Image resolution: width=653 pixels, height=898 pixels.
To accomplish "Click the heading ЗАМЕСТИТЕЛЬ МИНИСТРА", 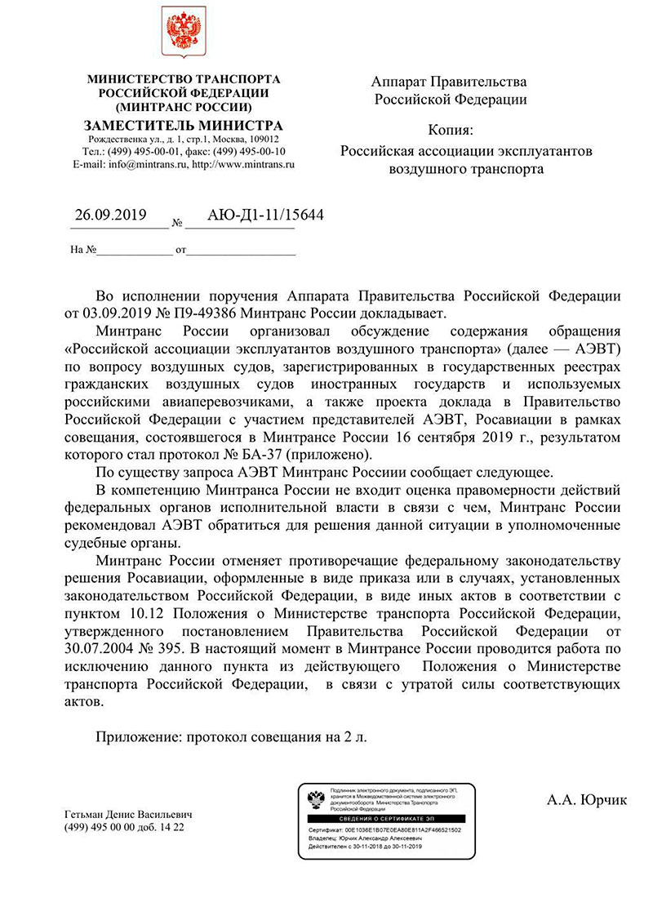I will (x=184, y=126).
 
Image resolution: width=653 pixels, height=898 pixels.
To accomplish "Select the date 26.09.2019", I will (x=110, y=216).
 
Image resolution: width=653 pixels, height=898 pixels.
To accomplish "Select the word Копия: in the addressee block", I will (x=450, y=131).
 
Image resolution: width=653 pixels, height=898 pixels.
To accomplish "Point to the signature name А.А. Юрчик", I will (x=587, y=800).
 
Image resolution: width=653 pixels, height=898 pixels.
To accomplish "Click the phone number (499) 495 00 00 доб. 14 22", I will (x=124, y=827).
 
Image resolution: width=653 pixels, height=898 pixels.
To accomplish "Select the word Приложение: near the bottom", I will (x=138, y=737).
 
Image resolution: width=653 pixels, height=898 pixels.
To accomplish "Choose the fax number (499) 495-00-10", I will (x=245, y=151).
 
